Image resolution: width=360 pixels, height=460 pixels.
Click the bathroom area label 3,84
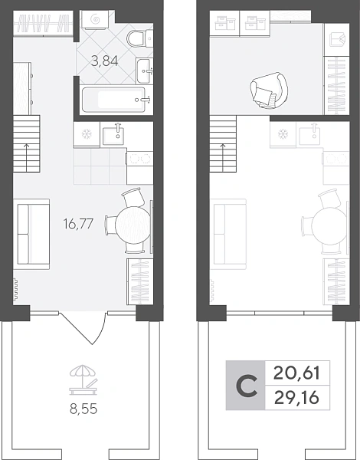pyautogui.click(x=105, y=61)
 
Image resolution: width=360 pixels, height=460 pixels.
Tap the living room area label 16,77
pyautogui.click(x=78, y=224)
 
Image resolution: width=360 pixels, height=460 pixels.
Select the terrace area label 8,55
pyautogui.click(x=83, y=409)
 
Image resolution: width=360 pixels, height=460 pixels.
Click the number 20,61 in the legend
pyautogui.click(x=296, y=373)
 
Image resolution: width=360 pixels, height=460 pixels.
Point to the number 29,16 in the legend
pyautogui.click(x=296, y=398)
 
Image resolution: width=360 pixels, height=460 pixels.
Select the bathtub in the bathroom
pyautogui.click(x=116, y=100)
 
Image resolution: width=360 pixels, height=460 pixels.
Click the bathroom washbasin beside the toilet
pyautogui.click(x=144, y=71)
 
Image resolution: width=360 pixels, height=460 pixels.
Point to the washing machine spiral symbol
pyautogui.click(x=95, y=19)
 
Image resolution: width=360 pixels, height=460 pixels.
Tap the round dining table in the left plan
pyautogui.click(x=133, y=225)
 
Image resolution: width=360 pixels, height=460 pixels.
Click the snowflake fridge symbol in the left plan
pyautogui.click(x=87, y=134)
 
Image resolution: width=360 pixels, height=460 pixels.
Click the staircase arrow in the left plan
pyautogui.click(x=27, y=157)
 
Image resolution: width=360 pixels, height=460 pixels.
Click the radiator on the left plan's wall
pyautogui.click(x=15, y=290)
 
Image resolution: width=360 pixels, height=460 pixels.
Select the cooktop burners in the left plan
pyautogui.click(x=140, y=159)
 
